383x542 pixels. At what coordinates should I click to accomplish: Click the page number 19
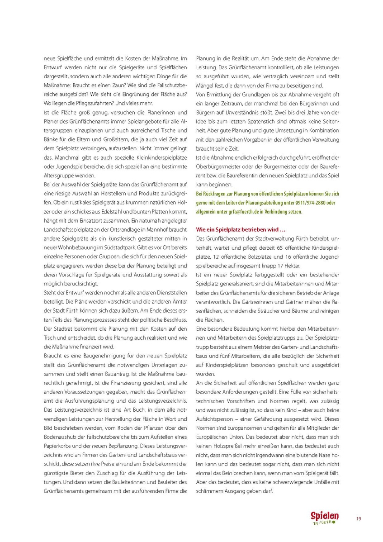pos(358,518)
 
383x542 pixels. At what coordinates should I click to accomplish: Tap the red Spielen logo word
pos(324,516)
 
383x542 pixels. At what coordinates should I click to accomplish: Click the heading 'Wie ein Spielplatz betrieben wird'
pos(240,229)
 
